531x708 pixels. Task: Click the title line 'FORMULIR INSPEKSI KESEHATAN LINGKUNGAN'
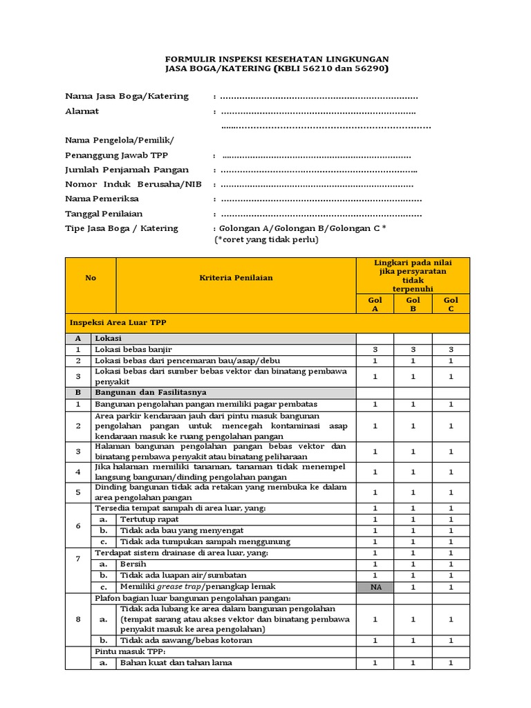coord(277,59)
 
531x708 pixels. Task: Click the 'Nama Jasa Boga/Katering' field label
coord(127,96)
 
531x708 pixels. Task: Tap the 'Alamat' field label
coord(82,111)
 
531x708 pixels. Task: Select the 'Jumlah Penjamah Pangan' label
coord(127,169)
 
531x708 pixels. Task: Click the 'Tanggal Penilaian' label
coord(104,214)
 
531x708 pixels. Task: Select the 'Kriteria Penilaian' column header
coord(236,277)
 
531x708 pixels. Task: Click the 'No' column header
coord(91,277)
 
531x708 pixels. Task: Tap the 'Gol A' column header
coord(375,304)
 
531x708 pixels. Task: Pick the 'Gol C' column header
coord(451,304)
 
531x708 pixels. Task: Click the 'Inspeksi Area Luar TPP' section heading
coord(118,322)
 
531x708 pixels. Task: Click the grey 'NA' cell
coord(375,586)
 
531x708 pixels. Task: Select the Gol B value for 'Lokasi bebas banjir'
coord(413,350)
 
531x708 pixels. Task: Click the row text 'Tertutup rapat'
coord(149,519)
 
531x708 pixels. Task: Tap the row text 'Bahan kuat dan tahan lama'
coord(176,662)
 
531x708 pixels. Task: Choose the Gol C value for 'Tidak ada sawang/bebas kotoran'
coord(451,640)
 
